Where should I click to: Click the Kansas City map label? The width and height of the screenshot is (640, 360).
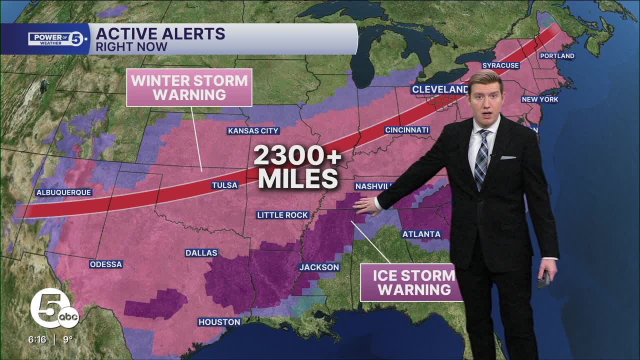[253, 131]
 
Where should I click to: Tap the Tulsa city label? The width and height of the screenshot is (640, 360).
[224, 185]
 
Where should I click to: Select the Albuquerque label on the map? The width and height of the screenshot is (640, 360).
[63, 192]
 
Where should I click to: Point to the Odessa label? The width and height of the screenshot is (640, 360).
[106, 264]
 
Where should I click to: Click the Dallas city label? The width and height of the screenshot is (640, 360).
[201, 253]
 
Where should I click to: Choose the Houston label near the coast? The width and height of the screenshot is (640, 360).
[219, 322]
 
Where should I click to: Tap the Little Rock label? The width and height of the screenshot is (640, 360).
[282, 215]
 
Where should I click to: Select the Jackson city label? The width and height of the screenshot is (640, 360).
[319, 267]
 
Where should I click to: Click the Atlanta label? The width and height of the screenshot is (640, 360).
[421, 234]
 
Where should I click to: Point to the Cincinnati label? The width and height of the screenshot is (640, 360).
[407, 130]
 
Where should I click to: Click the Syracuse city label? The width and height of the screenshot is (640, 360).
[500, 65]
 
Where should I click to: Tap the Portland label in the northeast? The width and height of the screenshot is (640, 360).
[557, 55]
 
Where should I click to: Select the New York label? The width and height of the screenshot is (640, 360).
[540, 99]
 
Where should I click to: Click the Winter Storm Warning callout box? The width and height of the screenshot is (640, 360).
[189, 87]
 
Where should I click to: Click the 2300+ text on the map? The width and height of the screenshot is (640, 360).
[297, 156]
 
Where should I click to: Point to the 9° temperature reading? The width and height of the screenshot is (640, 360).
[68, 339]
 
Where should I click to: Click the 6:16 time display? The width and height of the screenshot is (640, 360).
[37, 339]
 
